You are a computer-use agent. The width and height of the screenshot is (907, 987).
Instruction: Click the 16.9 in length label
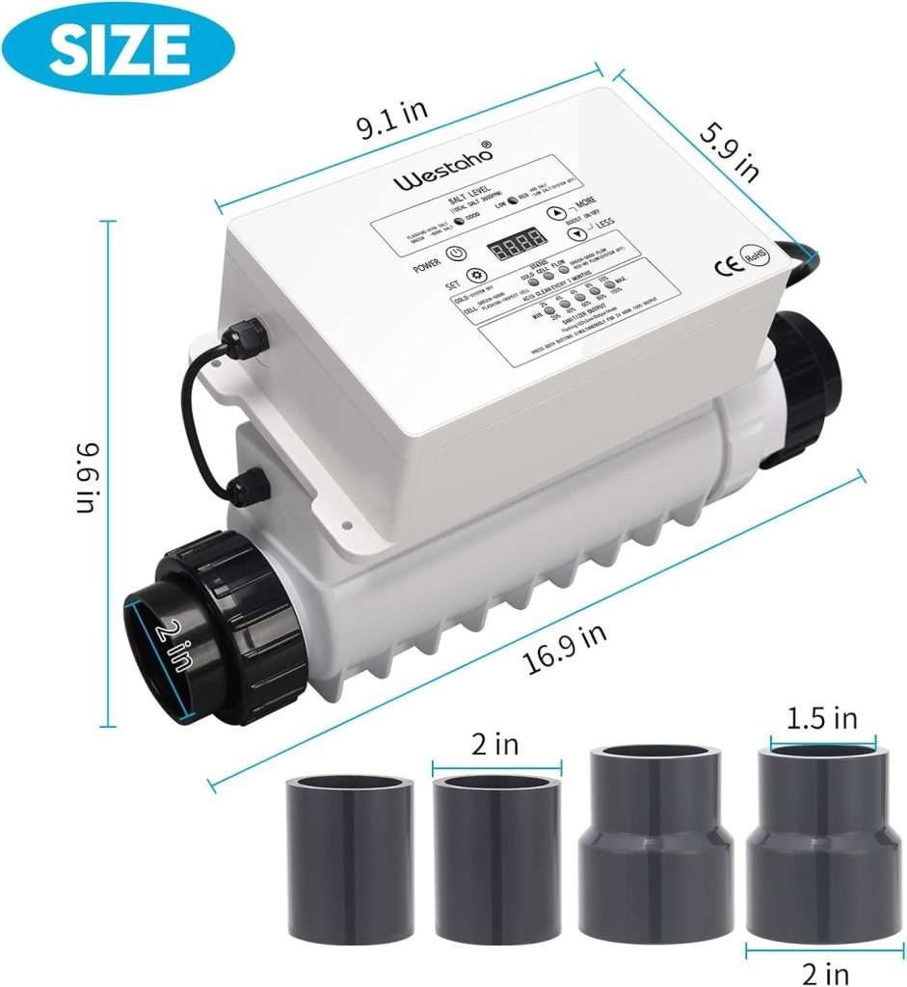click(566, 645)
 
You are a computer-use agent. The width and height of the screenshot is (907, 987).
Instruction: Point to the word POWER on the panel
click(424, 262)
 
